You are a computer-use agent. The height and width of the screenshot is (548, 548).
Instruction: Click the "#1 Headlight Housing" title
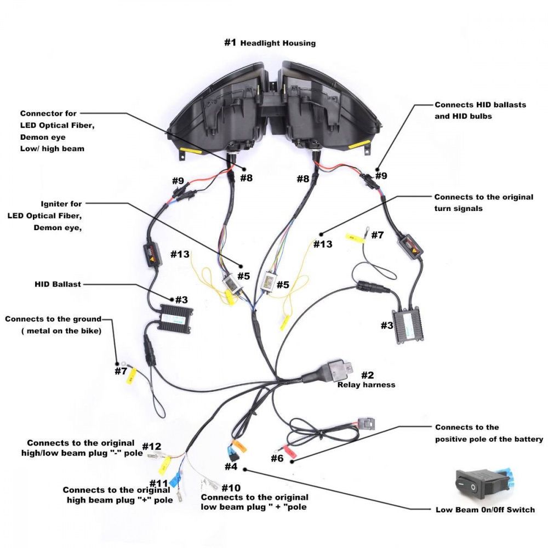[270, 43]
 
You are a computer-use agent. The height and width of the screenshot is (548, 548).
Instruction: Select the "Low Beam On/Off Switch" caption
[485, 510]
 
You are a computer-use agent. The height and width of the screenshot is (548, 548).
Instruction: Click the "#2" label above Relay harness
[367, 375]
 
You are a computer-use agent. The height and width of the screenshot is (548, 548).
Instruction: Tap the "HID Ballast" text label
[58, 284]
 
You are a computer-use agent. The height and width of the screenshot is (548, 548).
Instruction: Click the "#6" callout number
[277, 458]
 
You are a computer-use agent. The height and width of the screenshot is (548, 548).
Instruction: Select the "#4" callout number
[231, 467]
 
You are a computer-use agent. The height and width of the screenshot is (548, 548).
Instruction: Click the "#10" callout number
[231, 488]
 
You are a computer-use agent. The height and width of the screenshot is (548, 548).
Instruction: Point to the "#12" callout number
[152, 447]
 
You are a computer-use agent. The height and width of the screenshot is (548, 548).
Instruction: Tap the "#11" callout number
[158, 483]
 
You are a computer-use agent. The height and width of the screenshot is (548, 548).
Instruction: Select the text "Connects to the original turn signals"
[483, 202]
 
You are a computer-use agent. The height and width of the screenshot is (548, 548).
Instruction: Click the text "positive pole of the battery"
[489, 439]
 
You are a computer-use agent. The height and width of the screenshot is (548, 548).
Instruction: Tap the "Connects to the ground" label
[53, 319]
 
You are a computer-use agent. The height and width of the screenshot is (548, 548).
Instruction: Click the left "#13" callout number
[180, 254]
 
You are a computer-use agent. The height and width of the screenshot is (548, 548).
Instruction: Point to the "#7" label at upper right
[377, 235]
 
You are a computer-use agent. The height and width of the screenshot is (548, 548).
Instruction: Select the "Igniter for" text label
[61, 204]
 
